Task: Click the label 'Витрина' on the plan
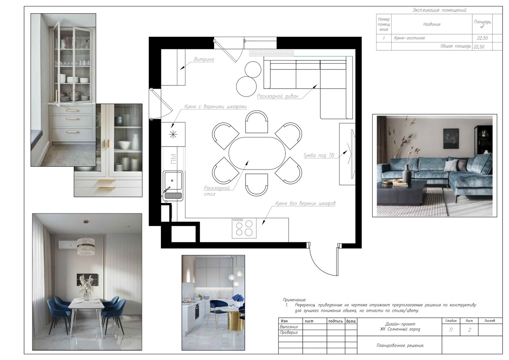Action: (204, 59)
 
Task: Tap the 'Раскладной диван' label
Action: (278, 96)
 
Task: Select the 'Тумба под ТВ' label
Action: (319, 156)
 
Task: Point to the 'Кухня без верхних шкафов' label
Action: (305, 203)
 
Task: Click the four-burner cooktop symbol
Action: (244, 228)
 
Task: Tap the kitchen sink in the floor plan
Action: (173, 186)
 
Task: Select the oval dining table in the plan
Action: (257, 153)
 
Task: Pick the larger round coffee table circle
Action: (246, 87)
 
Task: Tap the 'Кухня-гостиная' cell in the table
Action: (410, 38)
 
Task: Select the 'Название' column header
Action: (432, 24)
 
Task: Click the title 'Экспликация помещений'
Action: (439, 10)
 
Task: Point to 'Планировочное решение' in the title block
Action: (400, 346)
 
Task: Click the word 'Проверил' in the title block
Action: (289, 333)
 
